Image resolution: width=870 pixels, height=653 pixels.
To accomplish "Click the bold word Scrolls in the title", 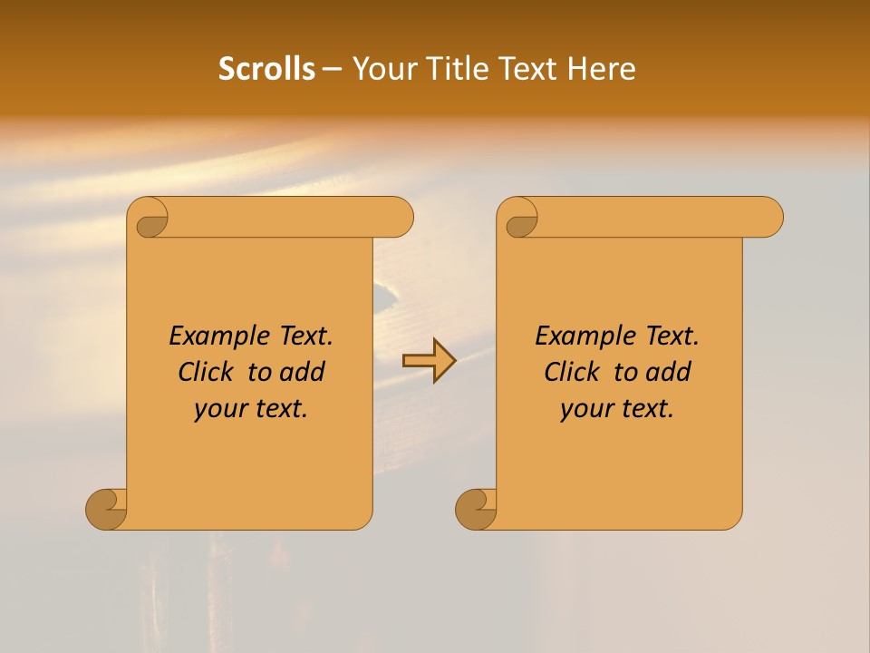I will pyautogui.click(x=266, y=69).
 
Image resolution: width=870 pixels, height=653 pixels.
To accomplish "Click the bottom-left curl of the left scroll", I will pyautogui.click(x=107, y=508).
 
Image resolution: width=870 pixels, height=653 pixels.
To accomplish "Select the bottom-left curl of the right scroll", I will pyautogui.click(x=477, y=508).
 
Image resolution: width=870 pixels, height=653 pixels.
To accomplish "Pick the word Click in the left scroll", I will pyautogui.click(x=207, y=372).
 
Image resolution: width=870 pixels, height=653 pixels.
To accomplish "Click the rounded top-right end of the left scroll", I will pyautogui.click(x=399, y=217).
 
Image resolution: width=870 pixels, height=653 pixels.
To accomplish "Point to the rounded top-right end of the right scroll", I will pyautogui.click(x=768, y=217).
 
